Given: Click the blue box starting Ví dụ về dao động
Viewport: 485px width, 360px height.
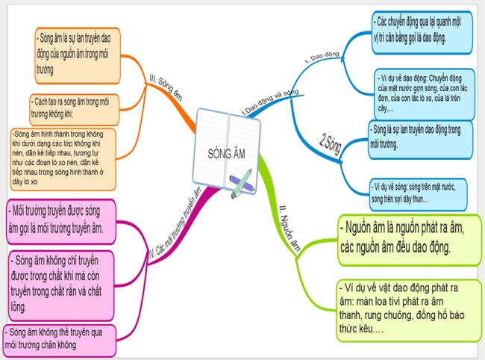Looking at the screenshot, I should [425, 93].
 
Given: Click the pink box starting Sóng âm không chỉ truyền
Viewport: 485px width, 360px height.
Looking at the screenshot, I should [63, 283].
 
